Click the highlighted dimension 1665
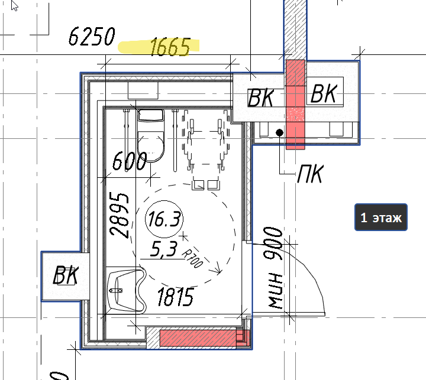point(170,47)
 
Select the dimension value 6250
point(92,37)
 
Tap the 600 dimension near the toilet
point(130,161)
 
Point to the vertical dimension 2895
point(119,215)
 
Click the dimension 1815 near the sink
point(176,297)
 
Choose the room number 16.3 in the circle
point(164,219)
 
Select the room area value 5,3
point(164,249)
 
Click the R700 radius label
point(193,258)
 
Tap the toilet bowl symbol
point(151,135)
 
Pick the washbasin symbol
point(127,290)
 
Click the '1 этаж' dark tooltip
point(381,217)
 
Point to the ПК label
point(311,174)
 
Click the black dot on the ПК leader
point(279,132)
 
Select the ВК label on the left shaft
point(66,275)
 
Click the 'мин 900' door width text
point(273,268)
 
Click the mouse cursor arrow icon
point(14,5)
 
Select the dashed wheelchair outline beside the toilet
point(206,150)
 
